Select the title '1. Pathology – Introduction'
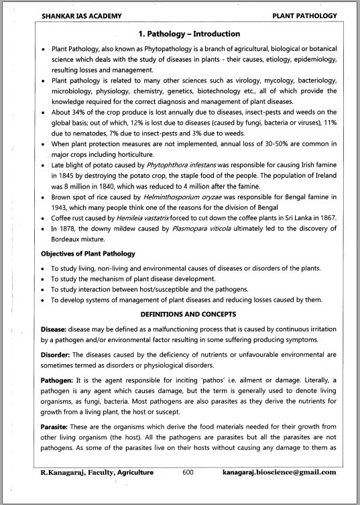tap(179, 34)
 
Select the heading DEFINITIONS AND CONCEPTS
tap(179, 313)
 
